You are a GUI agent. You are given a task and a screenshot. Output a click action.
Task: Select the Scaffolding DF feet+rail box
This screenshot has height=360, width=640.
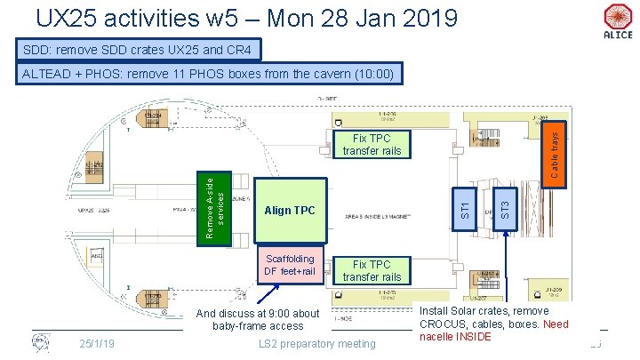click(x=290, y=264)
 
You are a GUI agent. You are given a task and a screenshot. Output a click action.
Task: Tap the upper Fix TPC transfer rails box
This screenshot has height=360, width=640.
click(x=372, y=145)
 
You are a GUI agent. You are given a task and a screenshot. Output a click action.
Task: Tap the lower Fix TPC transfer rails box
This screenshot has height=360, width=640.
click(x=372, y=270)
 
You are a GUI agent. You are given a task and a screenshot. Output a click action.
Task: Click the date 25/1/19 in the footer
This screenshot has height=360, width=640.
click(x=95, y=343)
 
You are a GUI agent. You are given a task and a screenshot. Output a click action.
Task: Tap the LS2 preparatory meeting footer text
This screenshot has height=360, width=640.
click(x=316, y=344)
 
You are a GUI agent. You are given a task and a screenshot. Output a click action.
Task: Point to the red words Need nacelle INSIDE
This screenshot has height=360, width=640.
click(x=492, y=331)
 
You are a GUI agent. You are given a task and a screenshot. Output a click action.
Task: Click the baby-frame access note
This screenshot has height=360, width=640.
click(x=257, y=320)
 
